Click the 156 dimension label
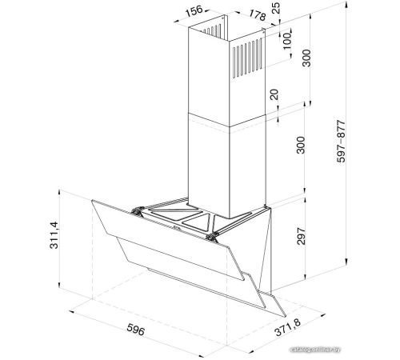pos(194,11)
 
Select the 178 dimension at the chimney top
pos(258,15)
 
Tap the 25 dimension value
pos(276,8)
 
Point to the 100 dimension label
pos(287,41)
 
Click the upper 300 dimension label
pos(306,58)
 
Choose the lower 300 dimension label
pos(301,145)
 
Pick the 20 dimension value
pos(274,94)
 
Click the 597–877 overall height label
pos(341,142)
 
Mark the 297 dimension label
pos(301,236)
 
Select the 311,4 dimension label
pos(54,235)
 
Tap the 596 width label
pos(136,329)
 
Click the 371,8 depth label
pos(287,327)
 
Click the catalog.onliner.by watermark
pos(316,350)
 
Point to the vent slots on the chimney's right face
pos(247,58)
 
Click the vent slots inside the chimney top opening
pos(213,30)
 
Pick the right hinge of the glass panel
pos(212,237)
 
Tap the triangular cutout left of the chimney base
pos(176,214)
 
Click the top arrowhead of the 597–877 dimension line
pos(346,5)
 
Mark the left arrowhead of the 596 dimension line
pos(72,312)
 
